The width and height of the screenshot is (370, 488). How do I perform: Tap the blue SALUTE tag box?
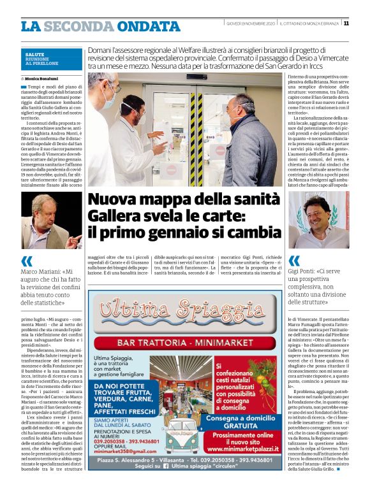click(51, 59)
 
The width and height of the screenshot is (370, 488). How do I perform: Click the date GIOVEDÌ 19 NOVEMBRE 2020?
click(250, 24)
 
